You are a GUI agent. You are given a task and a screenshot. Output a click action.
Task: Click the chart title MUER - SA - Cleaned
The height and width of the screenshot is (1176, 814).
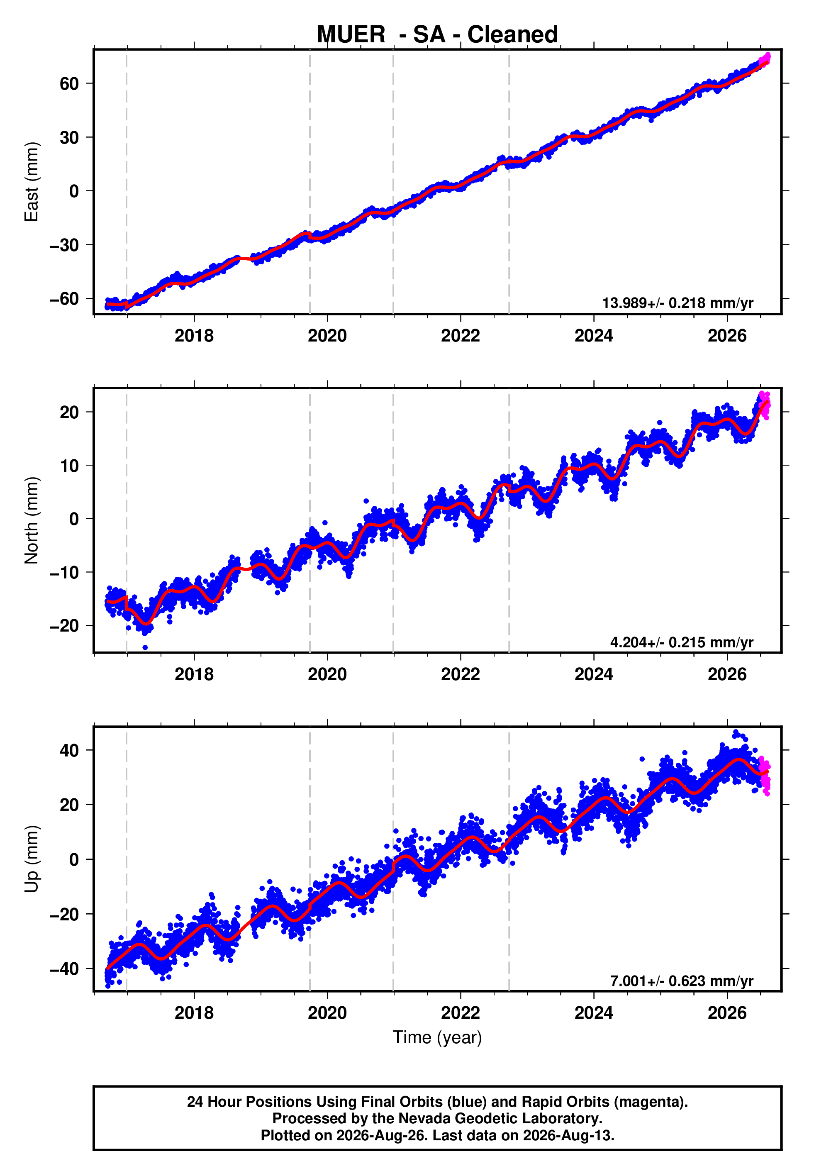click(x=437, y=35)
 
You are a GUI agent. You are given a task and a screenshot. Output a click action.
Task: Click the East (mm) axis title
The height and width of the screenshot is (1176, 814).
click(x=32, y=182)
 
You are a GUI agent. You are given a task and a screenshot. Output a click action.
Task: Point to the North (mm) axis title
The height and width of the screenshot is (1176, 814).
click(x=32, y=520)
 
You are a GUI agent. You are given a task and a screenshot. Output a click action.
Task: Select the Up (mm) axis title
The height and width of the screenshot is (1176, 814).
click(x=32, y=859)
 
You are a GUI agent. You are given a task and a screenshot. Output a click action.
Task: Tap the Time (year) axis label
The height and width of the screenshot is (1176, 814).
click(x=437, y=1037)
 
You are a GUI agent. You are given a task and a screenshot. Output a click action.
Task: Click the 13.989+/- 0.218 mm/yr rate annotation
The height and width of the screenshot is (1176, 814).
click(x=678, y=303)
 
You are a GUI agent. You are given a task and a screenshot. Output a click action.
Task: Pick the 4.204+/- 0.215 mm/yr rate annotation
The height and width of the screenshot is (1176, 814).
click(x=682, y=642)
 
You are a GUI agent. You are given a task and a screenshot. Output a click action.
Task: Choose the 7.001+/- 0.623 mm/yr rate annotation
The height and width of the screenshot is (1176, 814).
click(x=682, y=981)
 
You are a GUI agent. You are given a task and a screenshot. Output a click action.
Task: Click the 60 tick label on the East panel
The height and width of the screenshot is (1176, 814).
click(x=69, y=84)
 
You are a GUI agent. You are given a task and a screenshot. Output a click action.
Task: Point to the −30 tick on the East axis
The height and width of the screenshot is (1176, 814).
click(x=64, y=245)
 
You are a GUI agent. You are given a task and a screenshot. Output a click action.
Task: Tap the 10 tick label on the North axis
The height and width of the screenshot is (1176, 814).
click(x=69, y=466)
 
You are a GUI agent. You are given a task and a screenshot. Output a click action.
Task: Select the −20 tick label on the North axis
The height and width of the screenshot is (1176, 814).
click(x=64, y=626)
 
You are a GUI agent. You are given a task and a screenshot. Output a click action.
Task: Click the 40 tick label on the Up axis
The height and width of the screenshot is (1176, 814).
click(x=69, y=751)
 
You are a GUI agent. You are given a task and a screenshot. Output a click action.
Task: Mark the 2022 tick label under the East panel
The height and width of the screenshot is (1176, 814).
click(x=461, y=336)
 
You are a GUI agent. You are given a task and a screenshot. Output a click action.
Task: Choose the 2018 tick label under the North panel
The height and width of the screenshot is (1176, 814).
click(x=194, y=674)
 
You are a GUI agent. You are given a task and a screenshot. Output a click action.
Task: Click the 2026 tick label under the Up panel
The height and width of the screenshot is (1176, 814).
click(x=727, y=1013)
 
